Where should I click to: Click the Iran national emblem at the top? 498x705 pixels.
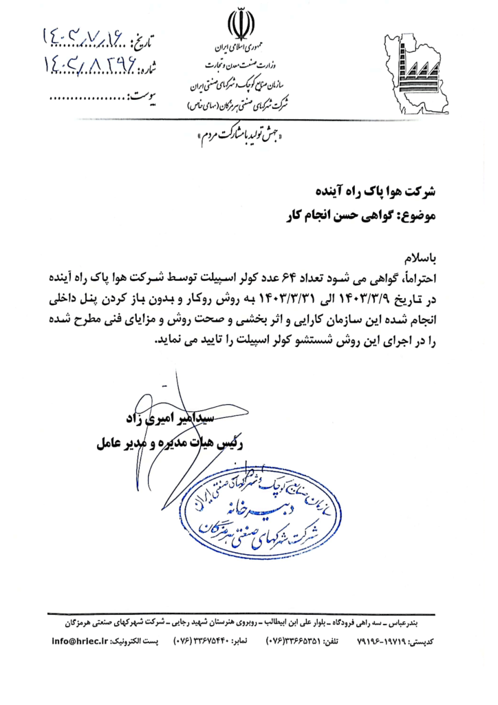point(241,24)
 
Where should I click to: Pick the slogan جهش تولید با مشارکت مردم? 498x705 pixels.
point(241,135)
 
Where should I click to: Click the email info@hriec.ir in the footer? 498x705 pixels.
point(80,642)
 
